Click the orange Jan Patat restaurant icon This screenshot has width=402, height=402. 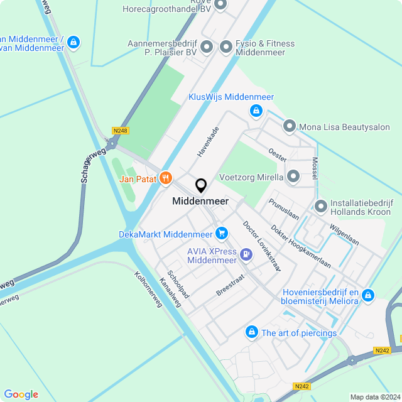[x=166, y=178]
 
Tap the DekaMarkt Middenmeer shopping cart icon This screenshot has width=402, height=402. [x=221, y=234]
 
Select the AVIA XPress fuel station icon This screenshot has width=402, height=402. [x=246, y=255]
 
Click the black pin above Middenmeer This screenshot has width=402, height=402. [x=201, y=186]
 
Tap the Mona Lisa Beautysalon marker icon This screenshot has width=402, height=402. [x=290, y=126]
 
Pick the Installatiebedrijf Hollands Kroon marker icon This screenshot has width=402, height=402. [x=321, y=206]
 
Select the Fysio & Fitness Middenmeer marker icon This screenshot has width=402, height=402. [x=226, y=47]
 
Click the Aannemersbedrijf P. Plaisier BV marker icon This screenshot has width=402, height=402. [x=206, y=47]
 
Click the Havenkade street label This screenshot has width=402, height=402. [x=207, y=141]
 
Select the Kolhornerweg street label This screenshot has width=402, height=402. [x=148, y=289]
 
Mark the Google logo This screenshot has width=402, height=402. [x=21, y=394]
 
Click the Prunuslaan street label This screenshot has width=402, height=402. [x=284, y=209]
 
